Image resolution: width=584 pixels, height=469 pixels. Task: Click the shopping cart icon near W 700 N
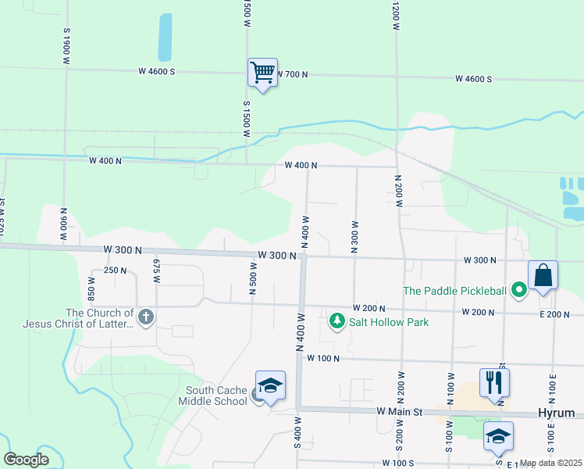pos(263,73)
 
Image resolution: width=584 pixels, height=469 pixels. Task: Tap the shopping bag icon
pos(543,276)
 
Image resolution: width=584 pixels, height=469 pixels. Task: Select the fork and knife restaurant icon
pos(494,382)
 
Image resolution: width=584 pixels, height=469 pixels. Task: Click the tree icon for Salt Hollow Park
pos(337,320)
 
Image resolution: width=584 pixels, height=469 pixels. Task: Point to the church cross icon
pos(146,317)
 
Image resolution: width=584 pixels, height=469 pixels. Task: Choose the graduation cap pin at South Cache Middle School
pos(270,385)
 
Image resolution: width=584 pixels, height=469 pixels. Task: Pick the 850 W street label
pos(91,289)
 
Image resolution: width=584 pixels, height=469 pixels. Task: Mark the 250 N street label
pos(116,270)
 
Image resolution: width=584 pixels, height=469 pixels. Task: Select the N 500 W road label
pos(253,278)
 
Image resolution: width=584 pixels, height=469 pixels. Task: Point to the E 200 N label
pos(555,313)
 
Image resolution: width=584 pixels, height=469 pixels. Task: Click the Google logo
pos(26,460)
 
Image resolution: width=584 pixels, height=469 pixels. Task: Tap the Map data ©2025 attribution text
pos(551,463)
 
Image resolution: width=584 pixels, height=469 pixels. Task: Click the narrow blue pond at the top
pos(165,37)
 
